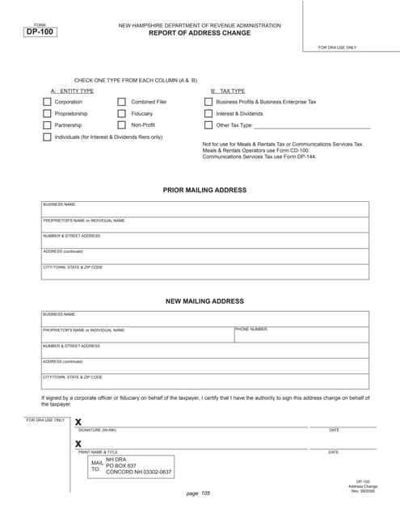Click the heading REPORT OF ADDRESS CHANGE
point(200,34)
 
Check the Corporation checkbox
point(47,103)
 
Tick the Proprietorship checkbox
point(47,114)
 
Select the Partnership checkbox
point(47,125)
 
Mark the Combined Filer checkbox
point(122,103)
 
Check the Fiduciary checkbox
point(122,114)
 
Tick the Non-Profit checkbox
point(122,125)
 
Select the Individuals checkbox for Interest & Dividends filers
point(47,137)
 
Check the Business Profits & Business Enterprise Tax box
point(208,103)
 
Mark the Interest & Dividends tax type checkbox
point(208,114)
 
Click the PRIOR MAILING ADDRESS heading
point(204,191)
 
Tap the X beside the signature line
point(78,422)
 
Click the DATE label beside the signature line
point(334,430)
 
